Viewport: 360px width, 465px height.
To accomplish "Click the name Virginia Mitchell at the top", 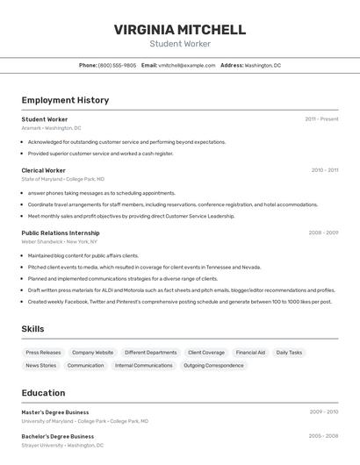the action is tap(179, 30).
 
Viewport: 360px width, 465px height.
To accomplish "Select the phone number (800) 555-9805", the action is tap(117, 65).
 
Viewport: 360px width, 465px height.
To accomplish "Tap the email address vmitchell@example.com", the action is tap(187, 65).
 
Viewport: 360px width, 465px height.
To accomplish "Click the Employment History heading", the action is tap(65, 100).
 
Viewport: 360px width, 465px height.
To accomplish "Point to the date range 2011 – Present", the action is tap(321, 119).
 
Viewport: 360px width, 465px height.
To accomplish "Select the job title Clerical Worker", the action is tap(44, 170).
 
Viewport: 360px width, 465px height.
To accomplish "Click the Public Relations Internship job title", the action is tap(61, 232).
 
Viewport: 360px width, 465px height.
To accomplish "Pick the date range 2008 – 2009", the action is tap(323, 232).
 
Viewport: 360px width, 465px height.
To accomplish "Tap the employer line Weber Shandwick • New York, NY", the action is tap(59, 241).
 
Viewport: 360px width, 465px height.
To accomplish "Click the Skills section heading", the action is tap(32, 329).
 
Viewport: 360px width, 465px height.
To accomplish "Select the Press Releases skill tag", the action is tap(44, 353).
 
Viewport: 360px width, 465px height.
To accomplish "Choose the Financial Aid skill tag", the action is tap(250, 353).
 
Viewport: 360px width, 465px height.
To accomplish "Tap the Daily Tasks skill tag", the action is tap(289, 353).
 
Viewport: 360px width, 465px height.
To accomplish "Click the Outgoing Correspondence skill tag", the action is tap(213, 365).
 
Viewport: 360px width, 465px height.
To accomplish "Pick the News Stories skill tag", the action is tap(41, 365).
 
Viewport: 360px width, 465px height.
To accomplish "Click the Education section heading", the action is tap(43, 393).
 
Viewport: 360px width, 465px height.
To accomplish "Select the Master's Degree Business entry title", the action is tap(55, 411).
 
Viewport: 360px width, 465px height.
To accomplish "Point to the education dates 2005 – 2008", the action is tap(323, 435).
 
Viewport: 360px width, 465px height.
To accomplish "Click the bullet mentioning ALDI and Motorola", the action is tap(181, 290).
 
